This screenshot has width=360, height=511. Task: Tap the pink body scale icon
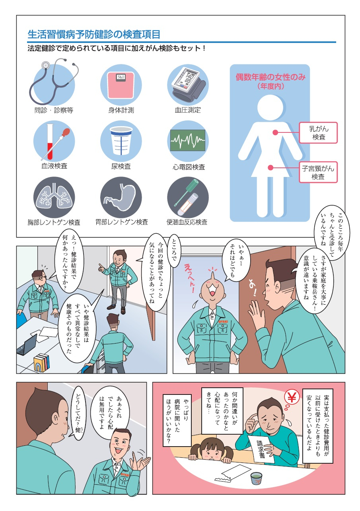pyautogui.click(x=121, y=84)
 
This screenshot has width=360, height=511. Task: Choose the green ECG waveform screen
pyautogui.click(x=187, y=140)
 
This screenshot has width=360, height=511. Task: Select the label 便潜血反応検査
pyautogui.click(x=187, y=222)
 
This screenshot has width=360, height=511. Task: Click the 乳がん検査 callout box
pyautogui.click(x=318, y=133)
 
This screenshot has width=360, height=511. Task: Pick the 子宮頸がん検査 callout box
pyautogui.click(x=318, y=172)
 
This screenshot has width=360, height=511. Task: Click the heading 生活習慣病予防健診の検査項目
pyautogui.click(x=94, y=35)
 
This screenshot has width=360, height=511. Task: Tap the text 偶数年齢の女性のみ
pyautogui.click(x=270, y=77)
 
